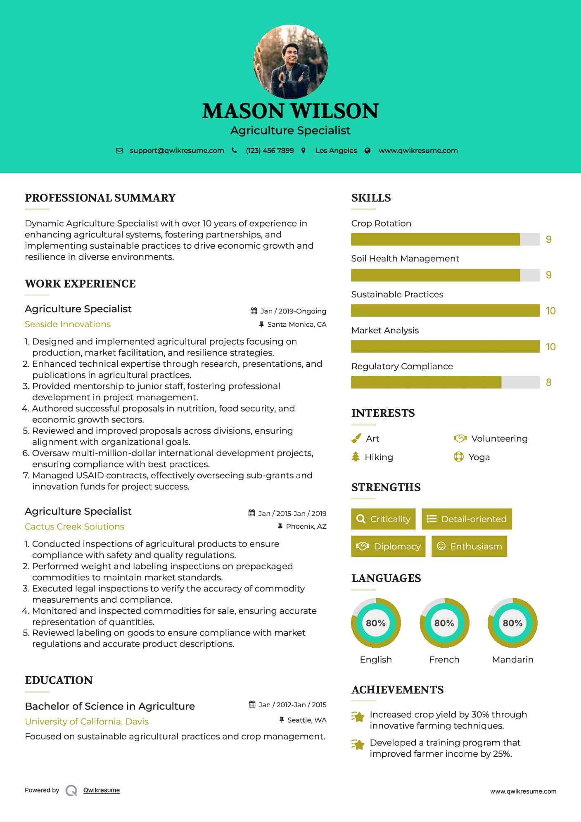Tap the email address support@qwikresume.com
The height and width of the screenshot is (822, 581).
(177, 151)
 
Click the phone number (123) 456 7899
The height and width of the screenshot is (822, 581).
(270, 151)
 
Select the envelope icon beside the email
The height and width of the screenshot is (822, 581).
(119, 151)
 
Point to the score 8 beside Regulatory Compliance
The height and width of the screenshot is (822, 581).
(548, 382)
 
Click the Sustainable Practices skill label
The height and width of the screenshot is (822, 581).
(397, 295)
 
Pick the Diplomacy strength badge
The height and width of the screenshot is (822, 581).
(388, 546)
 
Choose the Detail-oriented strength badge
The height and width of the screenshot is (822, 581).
(467, 519)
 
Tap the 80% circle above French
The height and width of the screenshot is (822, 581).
(444, 623)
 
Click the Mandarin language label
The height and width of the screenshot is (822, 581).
(512, 660)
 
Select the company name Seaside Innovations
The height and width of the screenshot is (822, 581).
(68, 324)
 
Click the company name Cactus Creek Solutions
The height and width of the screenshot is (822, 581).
(74, 527)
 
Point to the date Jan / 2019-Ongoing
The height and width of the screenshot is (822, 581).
(293, 311)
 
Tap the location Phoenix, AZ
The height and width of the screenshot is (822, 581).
(306, 526)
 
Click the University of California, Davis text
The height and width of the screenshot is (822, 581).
(87, 722)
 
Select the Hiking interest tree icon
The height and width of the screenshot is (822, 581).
(356, 457)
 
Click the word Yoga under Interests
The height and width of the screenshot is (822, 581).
(479, 457)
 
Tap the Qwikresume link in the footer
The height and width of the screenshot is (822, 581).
(102, 790)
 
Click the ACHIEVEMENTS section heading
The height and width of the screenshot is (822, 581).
(397, 690)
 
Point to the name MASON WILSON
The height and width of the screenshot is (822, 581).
(290, 111)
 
